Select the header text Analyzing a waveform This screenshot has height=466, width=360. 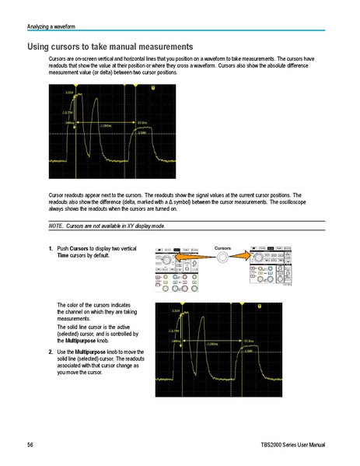point(48,29)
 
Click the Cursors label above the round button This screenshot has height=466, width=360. point(223,247)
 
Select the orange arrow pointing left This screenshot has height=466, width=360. point(208,258)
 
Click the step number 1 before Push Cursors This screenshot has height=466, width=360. point(51,247)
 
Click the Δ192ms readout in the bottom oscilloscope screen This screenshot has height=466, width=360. point(215,342)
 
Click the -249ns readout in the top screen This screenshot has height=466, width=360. point(69,123)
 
